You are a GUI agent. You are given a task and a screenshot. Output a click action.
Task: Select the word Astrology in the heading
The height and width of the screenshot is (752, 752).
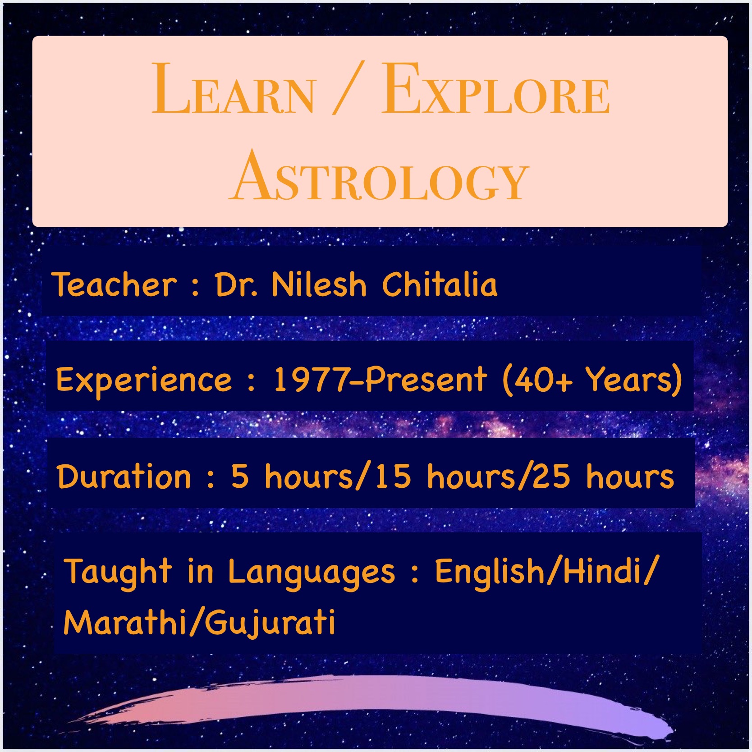point(379,176)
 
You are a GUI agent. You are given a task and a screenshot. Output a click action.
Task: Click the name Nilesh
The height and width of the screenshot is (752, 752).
point(319,284)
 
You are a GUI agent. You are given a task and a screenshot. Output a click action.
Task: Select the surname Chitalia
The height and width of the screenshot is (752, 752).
point(440,284)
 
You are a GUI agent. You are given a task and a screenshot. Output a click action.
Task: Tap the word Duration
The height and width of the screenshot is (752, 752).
point(124,477)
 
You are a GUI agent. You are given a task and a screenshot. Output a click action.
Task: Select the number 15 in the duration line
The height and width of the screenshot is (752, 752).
point(393,477)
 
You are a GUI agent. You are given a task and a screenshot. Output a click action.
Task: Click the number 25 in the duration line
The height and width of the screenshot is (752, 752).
point(551,477)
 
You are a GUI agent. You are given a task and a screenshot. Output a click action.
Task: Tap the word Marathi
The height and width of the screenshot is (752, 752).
point(126,622)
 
